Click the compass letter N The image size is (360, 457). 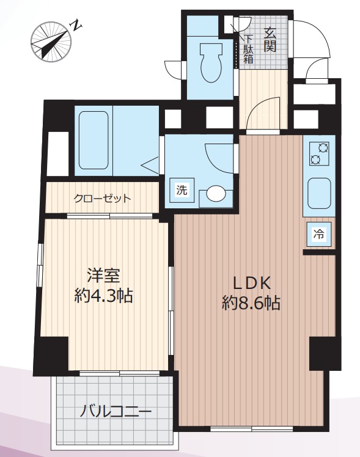(x=76, y=26)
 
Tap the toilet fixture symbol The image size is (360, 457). (x=211, y=62)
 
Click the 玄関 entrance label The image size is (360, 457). (x=270, y=40)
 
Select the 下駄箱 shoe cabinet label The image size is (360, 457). (x=248, y=49)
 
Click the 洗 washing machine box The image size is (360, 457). (x=182, y=190)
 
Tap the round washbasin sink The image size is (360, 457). (x=216, y=193)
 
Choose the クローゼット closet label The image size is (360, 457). (x=102, y=199)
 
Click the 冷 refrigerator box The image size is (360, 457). (x=318, y=234)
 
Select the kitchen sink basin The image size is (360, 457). (x=319, y=193)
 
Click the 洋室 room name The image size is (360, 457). (x=104, y=276)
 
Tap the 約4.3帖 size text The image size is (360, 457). (x=103, y=296)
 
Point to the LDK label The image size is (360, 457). (x=251, y=283)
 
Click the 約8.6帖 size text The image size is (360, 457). (x=251, y=303)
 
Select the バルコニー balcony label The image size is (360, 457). (x=116, y=412)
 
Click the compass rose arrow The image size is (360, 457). (x=51, y=43)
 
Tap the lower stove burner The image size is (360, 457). (x=315, y=159)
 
